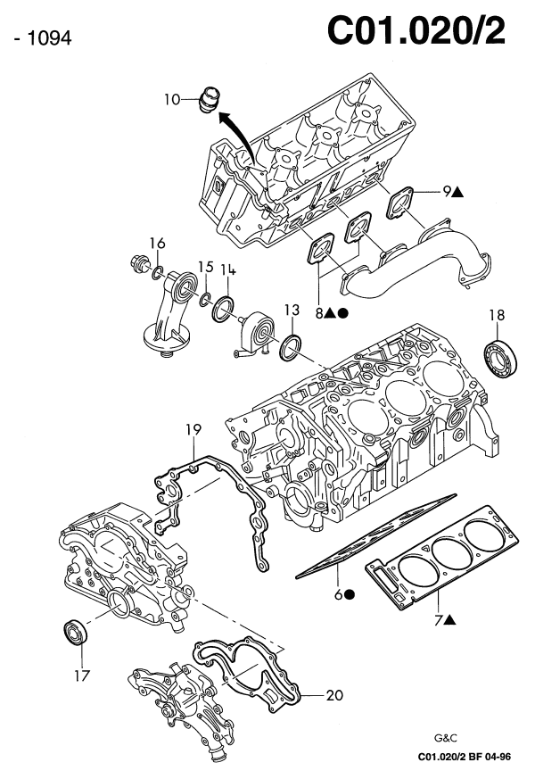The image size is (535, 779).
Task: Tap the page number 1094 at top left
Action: pyautogui.click(x=37, y=38)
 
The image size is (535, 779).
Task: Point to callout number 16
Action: pyautogui.click(x=157, y=243)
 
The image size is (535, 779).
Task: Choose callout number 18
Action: pyautogui.click(x=497, y=314)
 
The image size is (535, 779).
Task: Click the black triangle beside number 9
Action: pyautogui.click(x=457, y=190)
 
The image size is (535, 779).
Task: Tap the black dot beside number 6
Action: pyautogui.click(x=350, y=594)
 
